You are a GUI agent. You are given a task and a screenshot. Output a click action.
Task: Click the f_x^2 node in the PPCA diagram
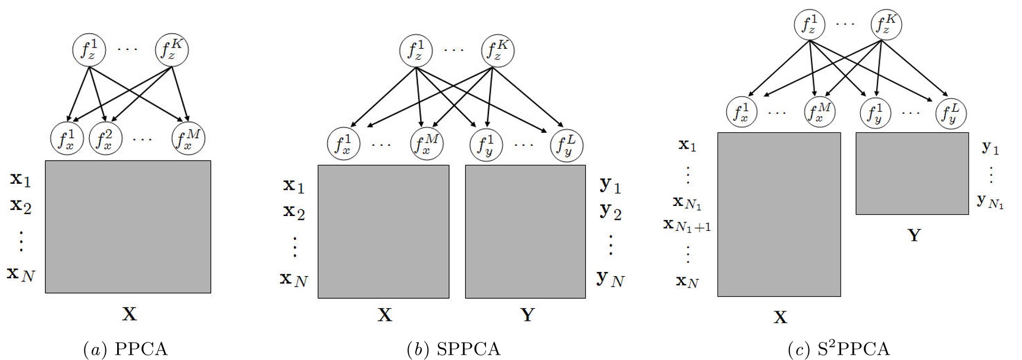pos(105,139)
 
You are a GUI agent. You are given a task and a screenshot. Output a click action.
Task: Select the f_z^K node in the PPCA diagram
pos(171,51)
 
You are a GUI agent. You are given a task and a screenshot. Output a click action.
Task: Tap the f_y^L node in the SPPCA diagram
pos(566,144)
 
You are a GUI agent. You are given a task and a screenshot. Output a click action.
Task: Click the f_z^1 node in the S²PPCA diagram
pos(809,26)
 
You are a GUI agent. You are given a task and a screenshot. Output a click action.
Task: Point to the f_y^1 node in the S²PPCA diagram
pos(876,113)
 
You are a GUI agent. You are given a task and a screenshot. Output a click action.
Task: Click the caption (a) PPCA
pos(126,349)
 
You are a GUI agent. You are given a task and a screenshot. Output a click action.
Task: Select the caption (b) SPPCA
pos(454,349)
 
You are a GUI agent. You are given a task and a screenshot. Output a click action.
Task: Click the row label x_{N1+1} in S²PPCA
pos(687,226)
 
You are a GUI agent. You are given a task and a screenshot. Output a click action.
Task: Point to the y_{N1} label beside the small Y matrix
pos(990,201)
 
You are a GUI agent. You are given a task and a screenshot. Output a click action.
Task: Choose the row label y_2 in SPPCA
pos(610,212)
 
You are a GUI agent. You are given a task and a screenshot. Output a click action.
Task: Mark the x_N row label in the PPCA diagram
pos(21,274)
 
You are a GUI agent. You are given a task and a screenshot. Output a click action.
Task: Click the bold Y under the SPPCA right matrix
pos(527,315)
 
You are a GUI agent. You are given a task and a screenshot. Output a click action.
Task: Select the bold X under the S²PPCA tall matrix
pos(780,317)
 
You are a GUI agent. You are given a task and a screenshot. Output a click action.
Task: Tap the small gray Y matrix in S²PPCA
pos(912,173)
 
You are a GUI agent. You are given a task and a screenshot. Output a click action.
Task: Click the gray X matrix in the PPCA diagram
pos(128,227)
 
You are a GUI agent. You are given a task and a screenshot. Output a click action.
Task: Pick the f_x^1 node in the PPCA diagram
pos(67,139)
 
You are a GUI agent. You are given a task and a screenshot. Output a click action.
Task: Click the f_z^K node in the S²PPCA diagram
pos(886,26)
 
